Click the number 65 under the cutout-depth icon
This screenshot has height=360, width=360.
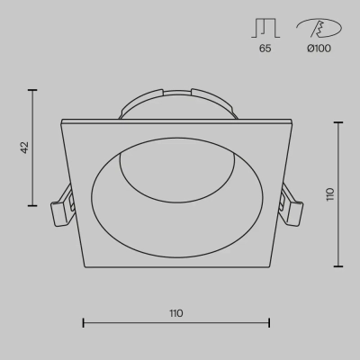265,49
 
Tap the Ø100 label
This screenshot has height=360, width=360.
319,49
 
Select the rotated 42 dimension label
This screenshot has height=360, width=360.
24,148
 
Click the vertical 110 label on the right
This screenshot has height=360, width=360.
330,194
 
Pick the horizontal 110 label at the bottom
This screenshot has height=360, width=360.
176,313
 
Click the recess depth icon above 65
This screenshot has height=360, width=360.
265,28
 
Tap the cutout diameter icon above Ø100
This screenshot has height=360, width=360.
319,28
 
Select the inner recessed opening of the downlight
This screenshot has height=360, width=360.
177,198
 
